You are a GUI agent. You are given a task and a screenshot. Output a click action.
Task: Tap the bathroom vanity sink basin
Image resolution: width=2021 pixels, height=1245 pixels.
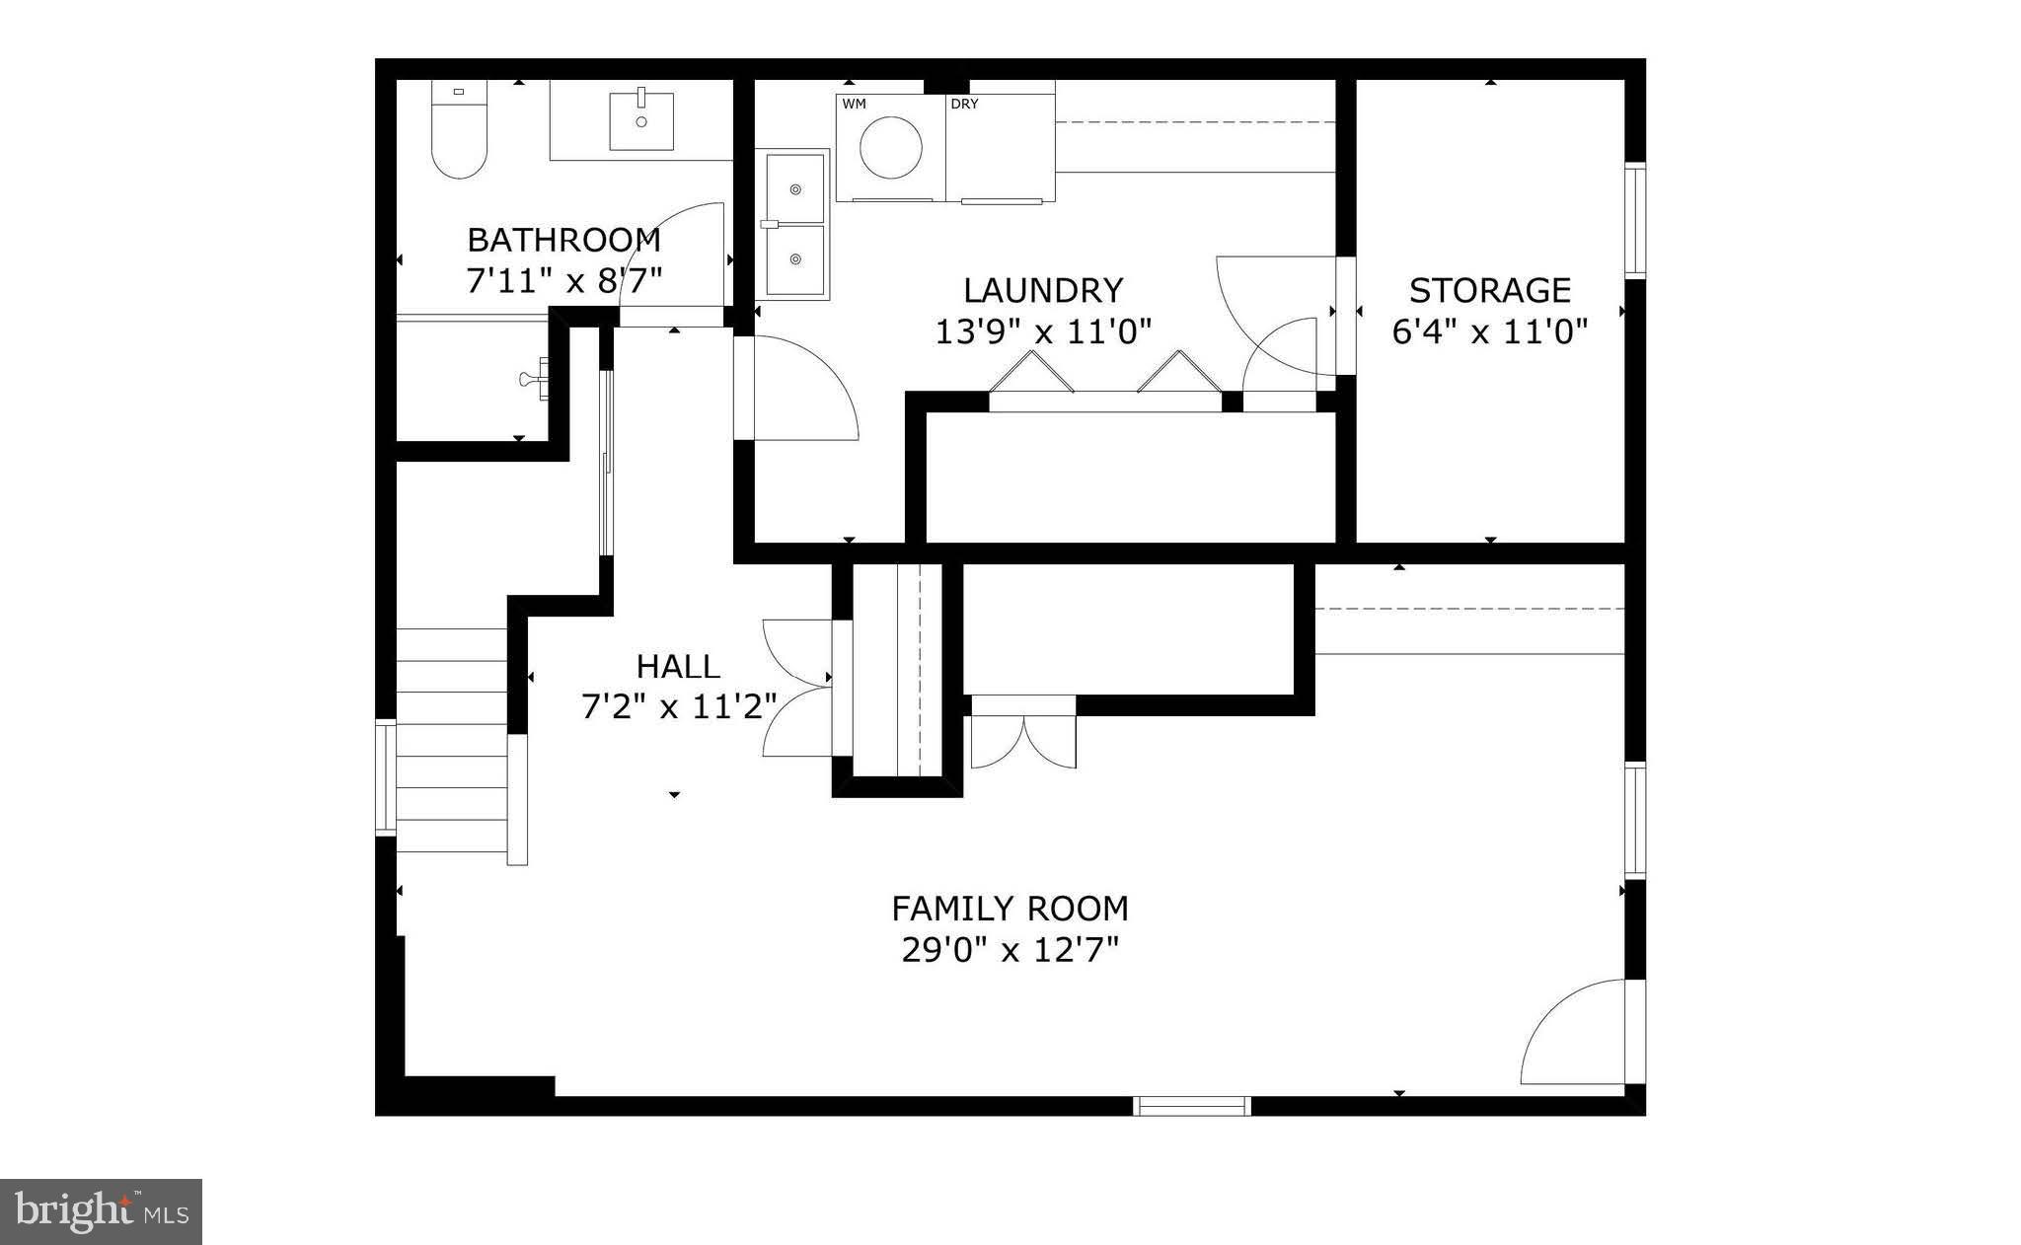click(x=641, y=121)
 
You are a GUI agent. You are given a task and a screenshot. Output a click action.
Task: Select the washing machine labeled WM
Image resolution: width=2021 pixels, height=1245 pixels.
click(x=890, y=147)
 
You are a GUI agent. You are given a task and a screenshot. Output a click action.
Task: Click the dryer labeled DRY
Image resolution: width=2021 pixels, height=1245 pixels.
click(x=1000, y=147)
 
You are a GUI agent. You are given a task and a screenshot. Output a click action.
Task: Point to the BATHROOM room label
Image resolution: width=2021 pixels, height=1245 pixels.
click(x=563, y=240)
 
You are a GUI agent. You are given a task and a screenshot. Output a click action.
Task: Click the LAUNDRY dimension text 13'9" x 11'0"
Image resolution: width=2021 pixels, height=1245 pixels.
click(x=1043, y=332)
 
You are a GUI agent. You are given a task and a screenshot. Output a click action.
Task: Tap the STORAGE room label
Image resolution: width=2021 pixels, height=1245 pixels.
click(x=1489, y=290)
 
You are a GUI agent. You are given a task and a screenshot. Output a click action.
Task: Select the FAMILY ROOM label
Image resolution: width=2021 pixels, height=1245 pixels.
click(x=1010, y=908)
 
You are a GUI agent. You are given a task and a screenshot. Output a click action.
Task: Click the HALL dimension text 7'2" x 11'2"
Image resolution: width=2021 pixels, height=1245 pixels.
click(x=678, y=707)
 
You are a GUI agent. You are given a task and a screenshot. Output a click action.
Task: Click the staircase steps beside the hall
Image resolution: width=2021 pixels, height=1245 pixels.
click(x=452, y=740)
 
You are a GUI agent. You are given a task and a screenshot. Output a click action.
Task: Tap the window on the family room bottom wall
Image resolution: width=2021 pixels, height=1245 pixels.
click(x=1192, y=1106)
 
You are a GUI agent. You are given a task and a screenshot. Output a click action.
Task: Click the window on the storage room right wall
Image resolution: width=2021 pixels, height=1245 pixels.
click(x=1635, y=220)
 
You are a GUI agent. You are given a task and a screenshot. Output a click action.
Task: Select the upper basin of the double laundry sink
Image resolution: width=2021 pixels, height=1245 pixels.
click(x=793, y=188)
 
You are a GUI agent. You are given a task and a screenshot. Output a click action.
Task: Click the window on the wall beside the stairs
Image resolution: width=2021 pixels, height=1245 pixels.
click(x=385, y=779)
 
